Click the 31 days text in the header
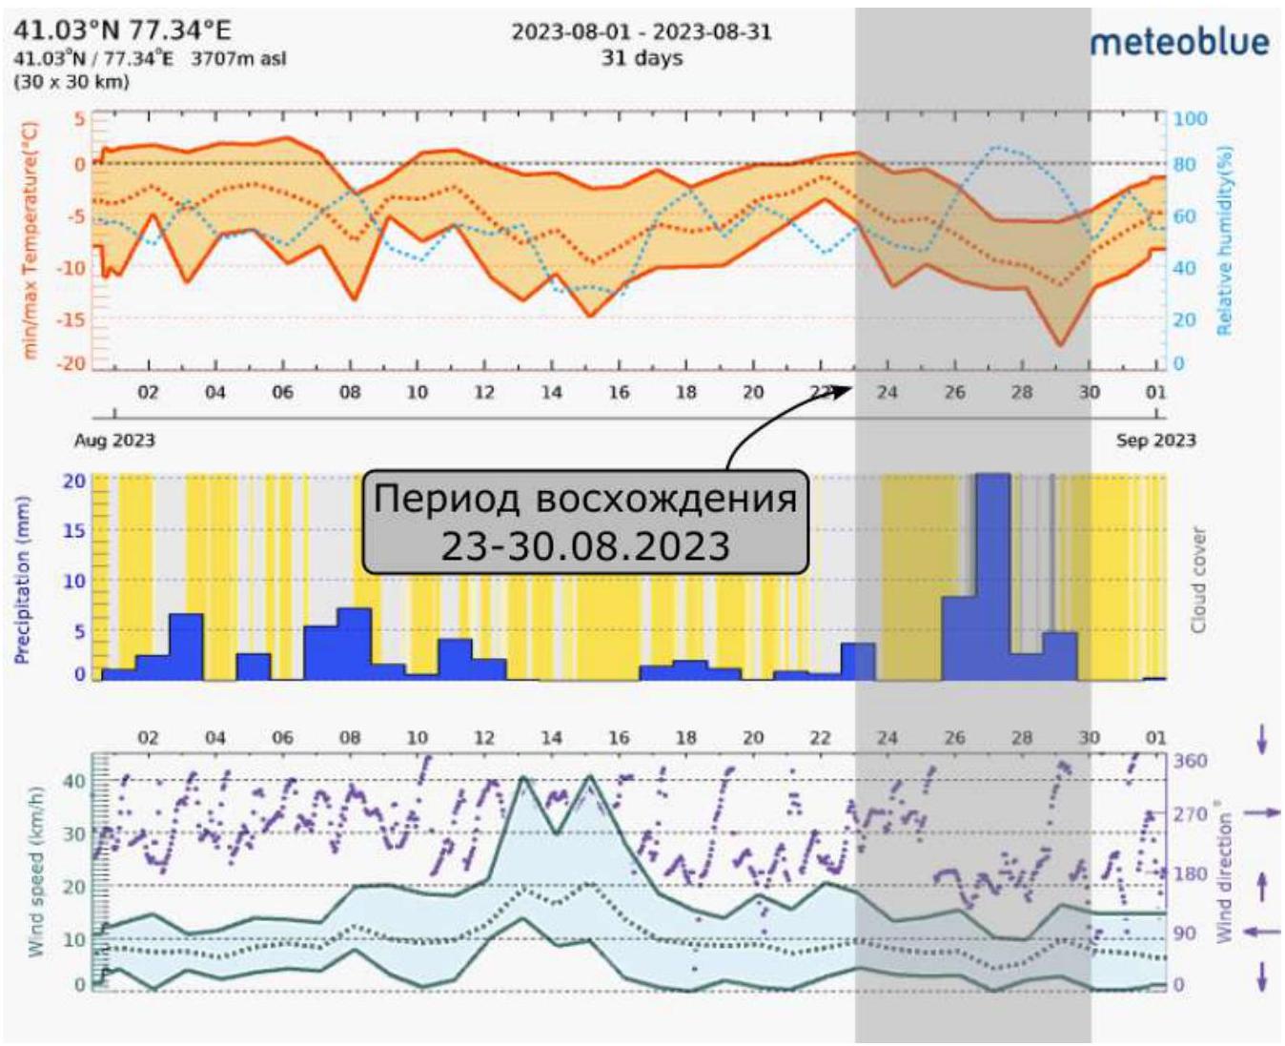pos(642,58)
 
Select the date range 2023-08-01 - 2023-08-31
pos(642,31)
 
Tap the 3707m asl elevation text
pos(238,58)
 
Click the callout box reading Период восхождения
pos(585,522)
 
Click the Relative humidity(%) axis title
pos(1225,240)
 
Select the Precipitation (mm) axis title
pos(22,580)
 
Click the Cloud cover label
pos(1199,580)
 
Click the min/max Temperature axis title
pos(30,240)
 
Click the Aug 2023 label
pos(114,441)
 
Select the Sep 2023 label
pos(1155,441)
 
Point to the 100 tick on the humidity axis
pos(1190,119)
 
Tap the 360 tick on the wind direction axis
pos(1190,761)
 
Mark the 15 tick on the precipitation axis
pos(74,530)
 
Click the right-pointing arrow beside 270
pos(1263,812)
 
